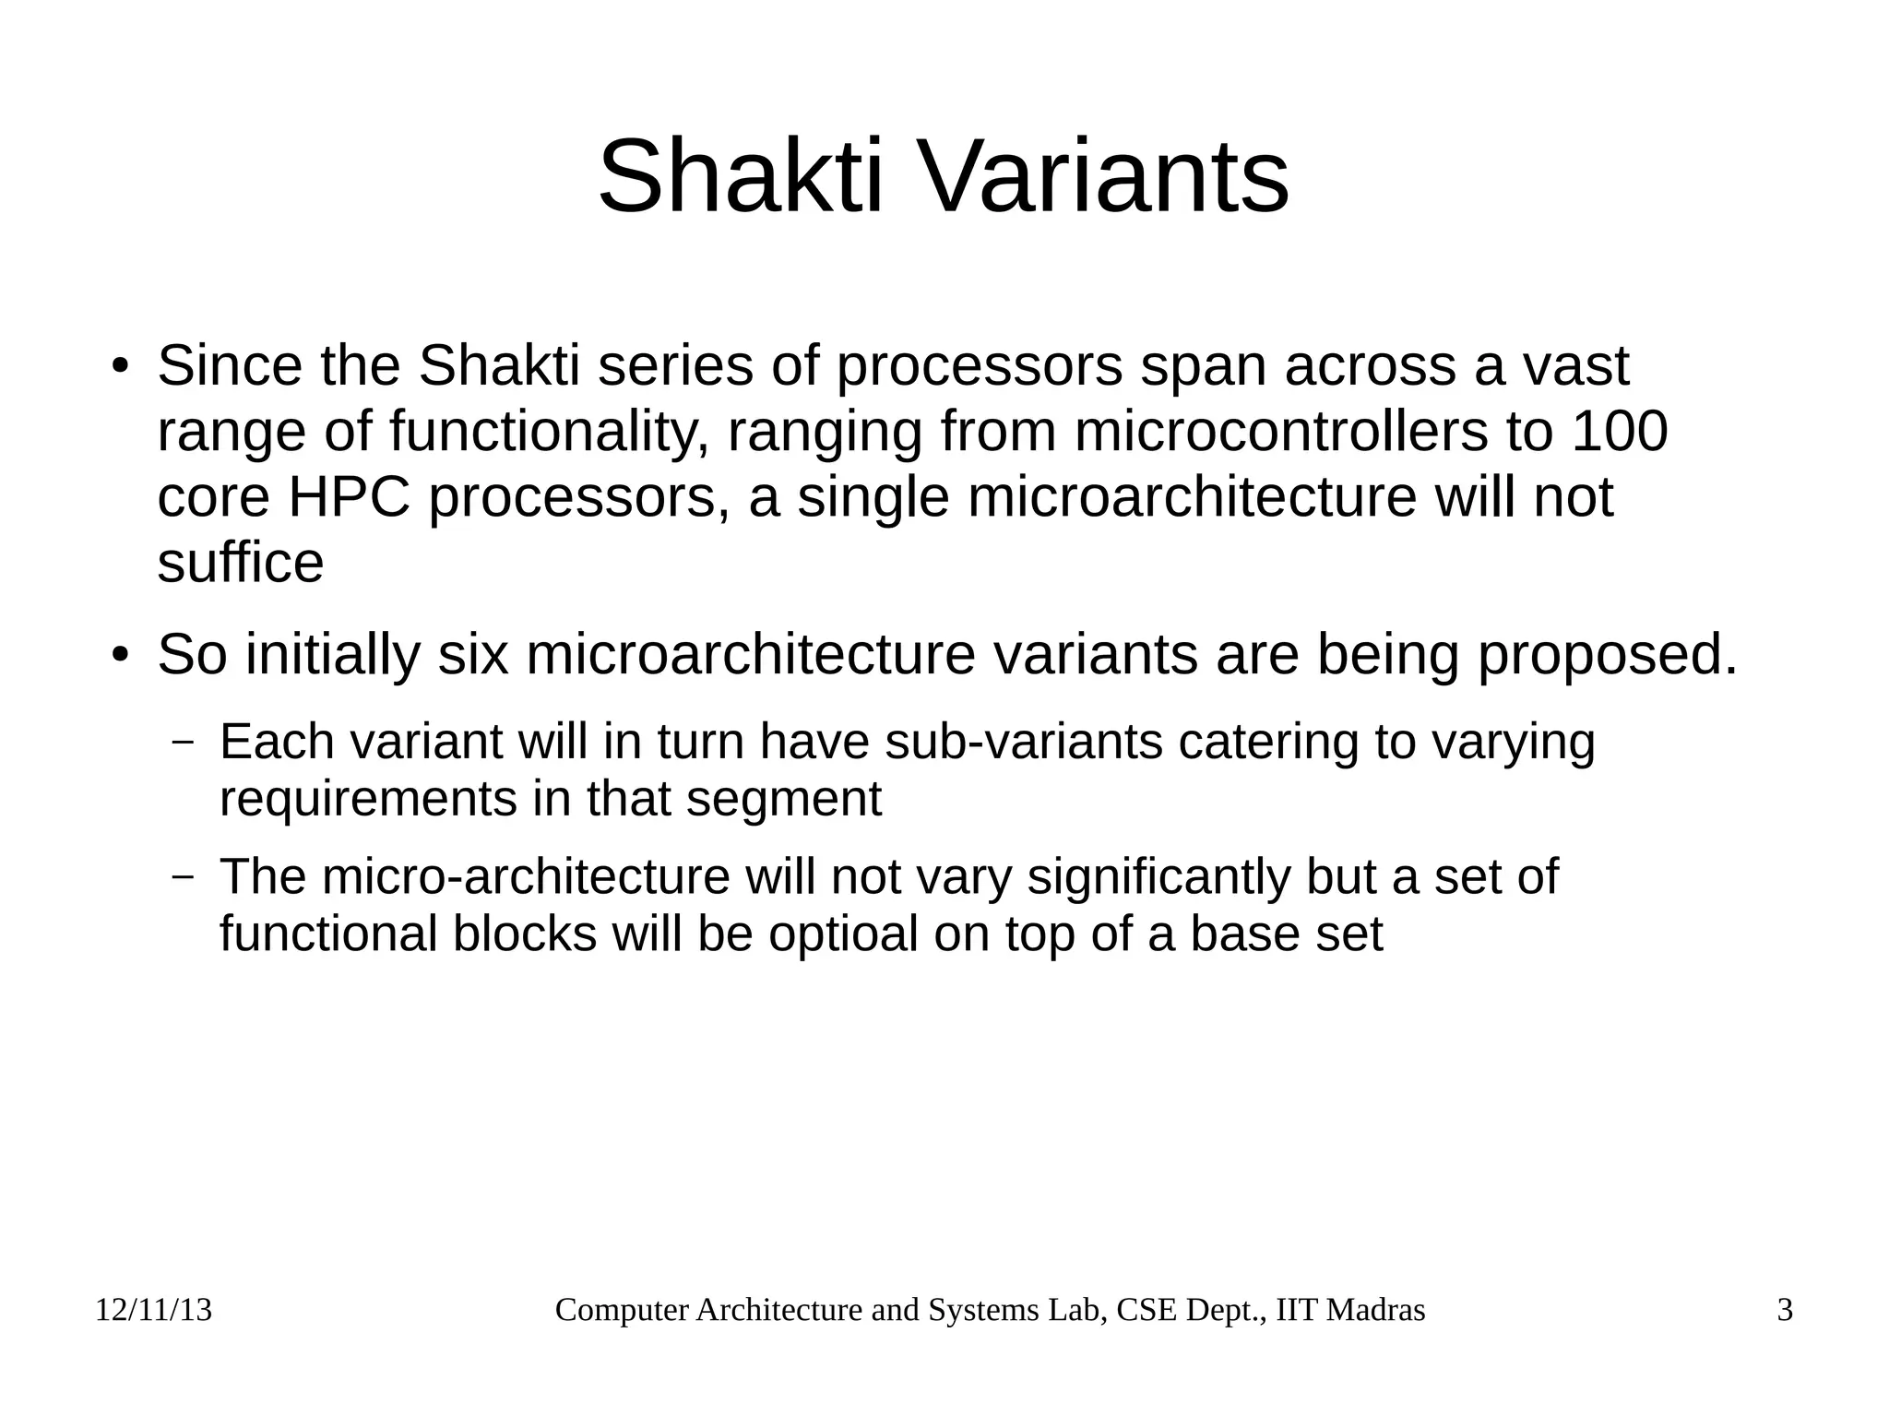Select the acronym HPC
pyautogui.click(x=349, y=497)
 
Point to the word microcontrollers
pyautogui.click(x=1281, y=431)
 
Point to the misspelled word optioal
pyautogui.click(x=843, y=934)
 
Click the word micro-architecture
pyautogui.click(x=526, y=876)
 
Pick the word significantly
pyautogui.click(x=1158, y=876)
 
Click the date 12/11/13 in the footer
pyautogui.click(x=154, y=1310)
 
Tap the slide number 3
pyautogui.click(x=1785, y=1310)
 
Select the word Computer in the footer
pyautogui.click(x=623, y=1310)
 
